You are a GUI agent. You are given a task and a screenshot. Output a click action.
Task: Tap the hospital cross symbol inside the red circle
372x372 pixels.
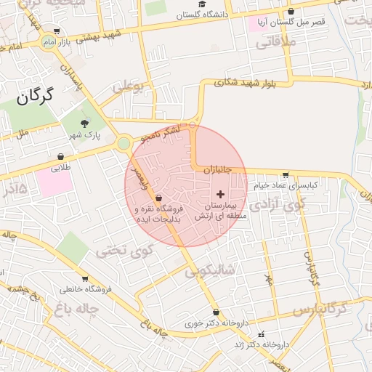coord(221,194)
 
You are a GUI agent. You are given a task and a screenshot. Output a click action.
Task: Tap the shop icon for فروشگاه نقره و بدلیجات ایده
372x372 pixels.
coord(158,198)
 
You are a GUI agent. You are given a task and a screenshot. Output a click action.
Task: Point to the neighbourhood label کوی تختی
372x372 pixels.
coord(117,251)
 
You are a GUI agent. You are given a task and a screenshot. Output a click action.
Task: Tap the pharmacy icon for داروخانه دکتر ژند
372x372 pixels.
coord(261,335)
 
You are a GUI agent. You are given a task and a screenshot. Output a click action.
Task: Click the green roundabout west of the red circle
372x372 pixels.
coord(124,143)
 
